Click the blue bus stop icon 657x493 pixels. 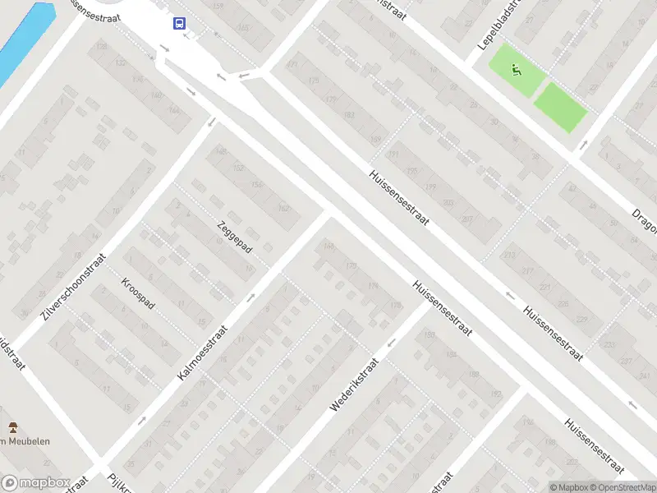point(179,24)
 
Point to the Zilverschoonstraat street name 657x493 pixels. point(74,286)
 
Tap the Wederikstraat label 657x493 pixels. point(354,384)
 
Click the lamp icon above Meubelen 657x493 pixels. point(12,427)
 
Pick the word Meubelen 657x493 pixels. point(30,441)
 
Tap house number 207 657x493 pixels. point(467,219)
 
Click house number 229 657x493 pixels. point(582,320)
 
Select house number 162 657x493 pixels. point(283,208)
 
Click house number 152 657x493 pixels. point(239,168)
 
